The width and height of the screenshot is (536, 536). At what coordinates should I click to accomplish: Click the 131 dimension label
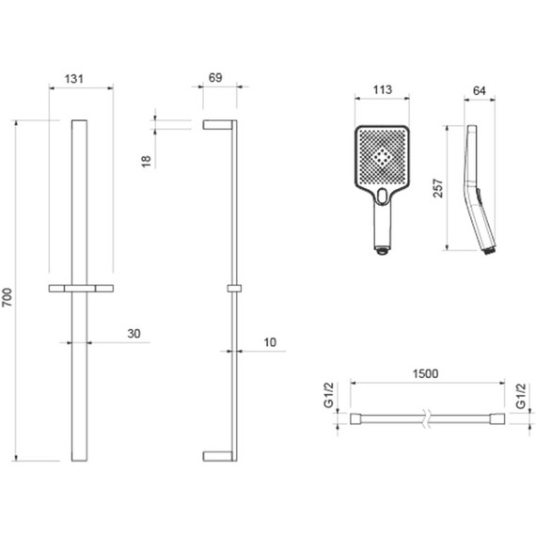(74, 79)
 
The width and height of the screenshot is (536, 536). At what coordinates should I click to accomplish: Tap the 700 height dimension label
(8, 297)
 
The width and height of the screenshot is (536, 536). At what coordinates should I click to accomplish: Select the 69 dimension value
(215, 78)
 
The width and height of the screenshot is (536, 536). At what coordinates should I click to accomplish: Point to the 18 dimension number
(146, 161)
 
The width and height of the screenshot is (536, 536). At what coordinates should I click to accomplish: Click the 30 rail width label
(134, 333)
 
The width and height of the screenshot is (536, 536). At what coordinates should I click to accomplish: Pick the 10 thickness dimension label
(270, 342)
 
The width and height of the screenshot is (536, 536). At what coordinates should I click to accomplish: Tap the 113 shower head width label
(382, 89)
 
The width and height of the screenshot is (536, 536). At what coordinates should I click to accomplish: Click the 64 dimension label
(480, 90)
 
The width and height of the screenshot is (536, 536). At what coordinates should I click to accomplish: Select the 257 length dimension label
(438, 188)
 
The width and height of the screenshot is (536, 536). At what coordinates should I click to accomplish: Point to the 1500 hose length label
(425, 373)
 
